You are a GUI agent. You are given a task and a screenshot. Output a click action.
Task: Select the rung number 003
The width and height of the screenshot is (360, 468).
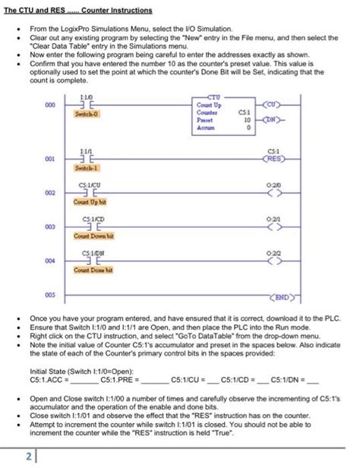click(x=51, y=226)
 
